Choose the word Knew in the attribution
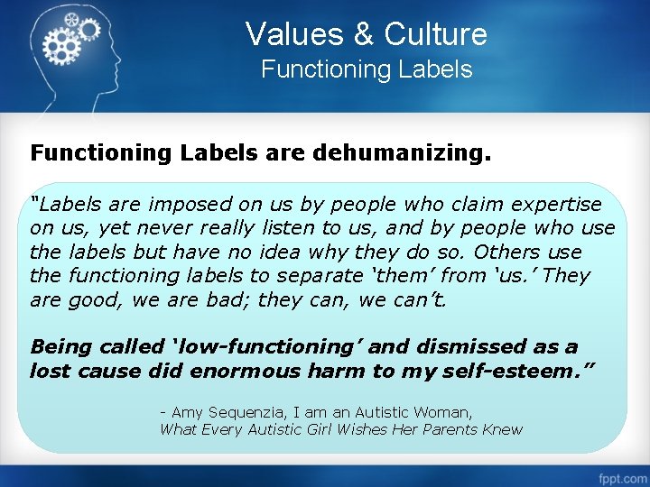click(502, 429)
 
